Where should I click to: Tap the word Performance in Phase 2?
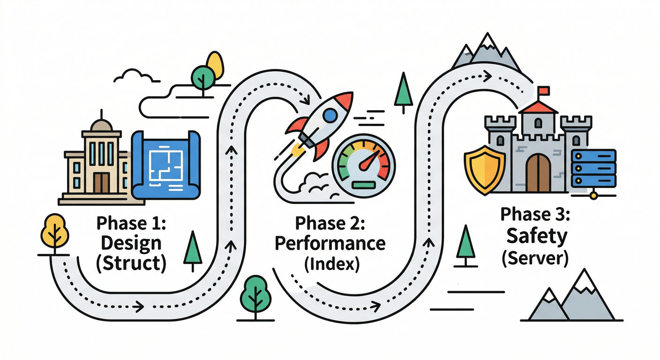point(330,243)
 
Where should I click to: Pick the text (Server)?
point(535,257)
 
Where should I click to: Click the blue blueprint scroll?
point(166,164)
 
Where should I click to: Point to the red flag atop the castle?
point(544,90)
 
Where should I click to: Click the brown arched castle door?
point(539,173)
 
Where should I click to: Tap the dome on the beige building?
point(101,124)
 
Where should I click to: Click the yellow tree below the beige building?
point(55,229)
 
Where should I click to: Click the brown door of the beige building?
point(101,183)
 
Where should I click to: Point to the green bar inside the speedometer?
point(363,185)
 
